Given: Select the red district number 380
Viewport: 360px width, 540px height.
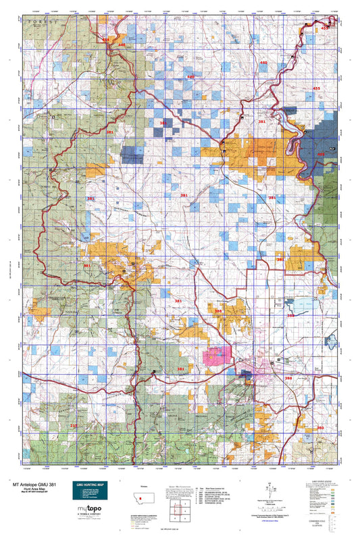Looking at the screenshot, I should (x=320, y=428).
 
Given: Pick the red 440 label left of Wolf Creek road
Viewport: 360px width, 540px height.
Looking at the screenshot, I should (x=122, y=45).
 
